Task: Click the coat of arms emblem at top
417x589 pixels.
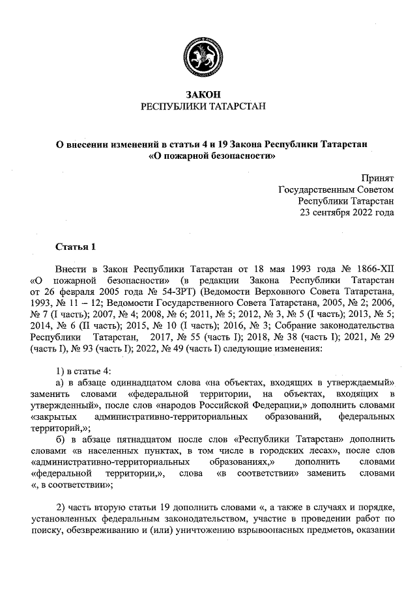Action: click(x=208, y=60)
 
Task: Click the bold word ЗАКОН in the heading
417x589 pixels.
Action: click(x=208, y=95)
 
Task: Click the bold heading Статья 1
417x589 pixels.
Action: click(x=76, y=247)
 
